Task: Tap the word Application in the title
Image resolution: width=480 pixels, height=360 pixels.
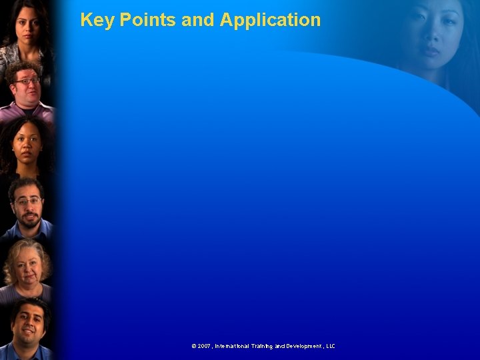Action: click(270, 20)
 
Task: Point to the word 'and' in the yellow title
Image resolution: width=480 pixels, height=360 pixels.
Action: click(197, 20)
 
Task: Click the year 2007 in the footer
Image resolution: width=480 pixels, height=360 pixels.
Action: click(204, 346)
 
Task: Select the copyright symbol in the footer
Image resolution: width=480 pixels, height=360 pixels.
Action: click(194, 346)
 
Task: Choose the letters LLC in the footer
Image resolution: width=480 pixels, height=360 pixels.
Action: click(330, 346)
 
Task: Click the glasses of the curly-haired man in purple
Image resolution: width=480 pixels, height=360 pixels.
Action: click(27, 81)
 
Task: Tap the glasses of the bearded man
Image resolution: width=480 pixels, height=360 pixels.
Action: click(27, 201)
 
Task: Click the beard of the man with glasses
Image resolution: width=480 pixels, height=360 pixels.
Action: click(28, 217)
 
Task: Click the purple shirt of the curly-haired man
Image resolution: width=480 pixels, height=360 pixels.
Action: click(27, 110)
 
